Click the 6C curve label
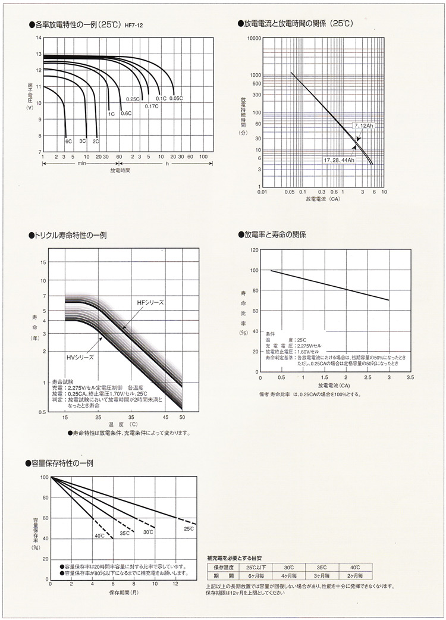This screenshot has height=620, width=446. [x=68, y=141]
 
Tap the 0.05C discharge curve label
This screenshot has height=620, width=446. [x=175, y=98]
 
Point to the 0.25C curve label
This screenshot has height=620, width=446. [x=132, y=99]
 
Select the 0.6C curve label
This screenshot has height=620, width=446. [x=125, y=113]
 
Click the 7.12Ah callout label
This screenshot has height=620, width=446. [x=362, y=127]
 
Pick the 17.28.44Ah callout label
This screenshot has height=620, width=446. [x=339, y=161]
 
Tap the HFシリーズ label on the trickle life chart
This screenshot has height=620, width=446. [x=150, y=303]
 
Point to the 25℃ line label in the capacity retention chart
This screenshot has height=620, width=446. [x=189, y=528]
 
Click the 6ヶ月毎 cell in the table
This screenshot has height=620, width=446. [x=247, y=576]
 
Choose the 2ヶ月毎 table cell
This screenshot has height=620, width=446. [x=355, y=576]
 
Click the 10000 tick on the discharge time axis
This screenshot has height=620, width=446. [x=254, y=37]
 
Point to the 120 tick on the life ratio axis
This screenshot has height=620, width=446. [x=253, y=250]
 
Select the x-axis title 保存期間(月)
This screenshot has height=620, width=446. [x=124, y=593]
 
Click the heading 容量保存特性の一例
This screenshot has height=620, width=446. [x=62, y=463]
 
